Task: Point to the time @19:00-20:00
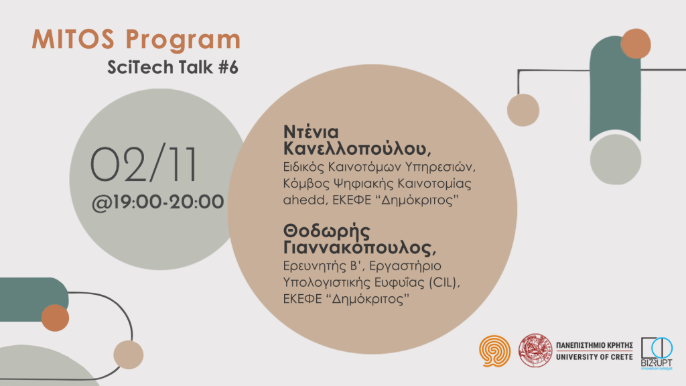point(158,201)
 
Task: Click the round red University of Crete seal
point(537,349)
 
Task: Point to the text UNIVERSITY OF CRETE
point(595,356)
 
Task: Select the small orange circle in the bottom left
point(56,318)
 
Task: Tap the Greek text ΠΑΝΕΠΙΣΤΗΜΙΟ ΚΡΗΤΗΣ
point(595,343)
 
